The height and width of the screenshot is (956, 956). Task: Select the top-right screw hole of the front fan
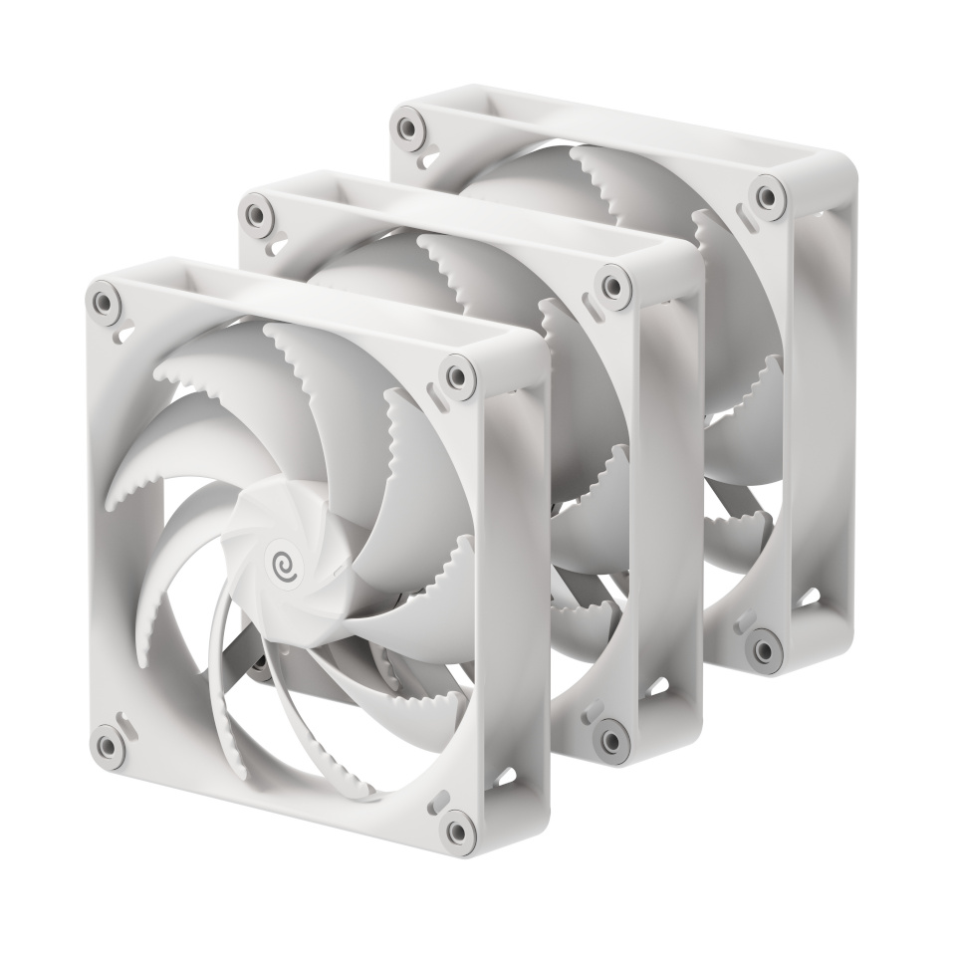point(456,376)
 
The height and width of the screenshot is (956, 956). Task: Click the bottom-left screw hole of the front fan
point(103,742)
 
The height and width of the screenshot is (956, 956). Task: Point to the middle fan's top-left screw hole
point(256,213)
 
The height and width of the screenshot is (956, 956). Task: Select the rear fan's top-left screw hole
point(405,127)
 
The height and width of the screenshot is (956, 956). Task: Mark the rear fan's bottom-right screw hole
point(764,649)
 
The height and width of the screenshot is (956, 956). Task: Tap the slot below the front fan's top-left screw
point(120,333)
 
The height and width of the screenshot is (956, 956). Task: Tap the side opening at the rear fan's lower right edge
point(809,597)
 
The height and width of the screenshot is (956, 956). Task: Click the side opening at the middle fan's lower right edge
point(659,686)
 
